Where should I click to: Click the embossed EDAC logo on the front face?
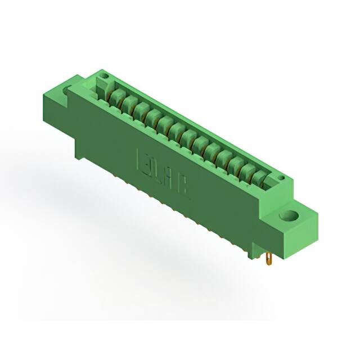163,173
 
